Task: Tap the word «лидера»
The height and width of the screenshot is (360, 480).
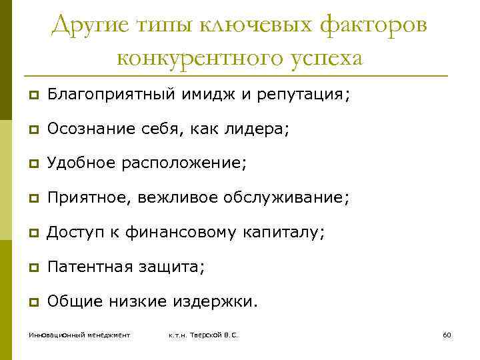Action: (x=259, y=129)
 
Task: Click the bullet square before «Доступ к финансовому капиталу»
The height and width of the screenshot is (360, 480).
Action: (x=32, y=233)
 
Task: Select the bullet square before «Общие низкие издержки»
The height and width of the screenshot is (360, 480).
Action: (x=32, y=301)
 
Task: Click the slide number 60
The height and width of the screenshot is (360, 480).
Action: (x=447, y=334)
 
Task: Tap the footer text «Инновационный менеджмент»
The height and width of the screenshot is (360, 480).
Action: (x=79, y=334)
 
